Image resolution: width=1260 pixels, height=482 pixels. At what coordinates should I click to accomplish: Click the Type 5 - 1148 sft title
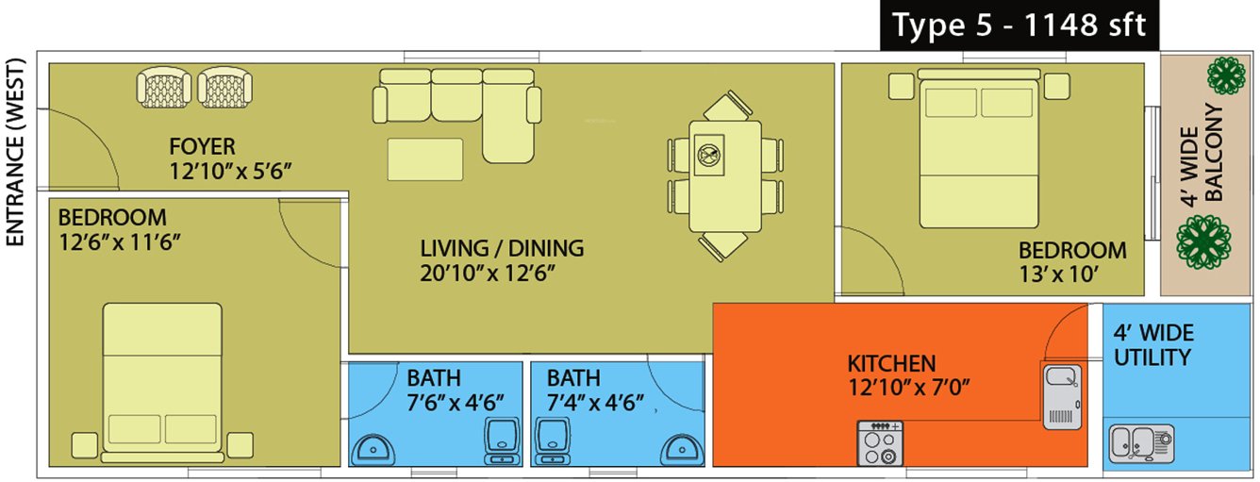1019,25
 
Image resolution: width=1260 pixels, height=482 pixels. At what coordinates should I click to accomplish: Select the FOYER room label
202,146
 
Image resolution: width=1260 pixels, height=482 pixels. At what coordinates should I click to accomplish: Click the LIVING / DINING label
502,249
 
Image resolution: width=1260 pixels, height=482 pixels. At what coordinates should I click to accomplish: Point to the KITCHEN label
891,363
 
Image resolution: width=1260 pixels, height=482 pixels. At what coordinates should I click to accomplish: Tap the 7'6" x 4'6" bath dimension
456,403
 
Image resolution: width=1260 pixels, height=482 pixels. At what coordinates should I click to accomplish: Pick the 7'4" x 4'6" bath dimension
595,403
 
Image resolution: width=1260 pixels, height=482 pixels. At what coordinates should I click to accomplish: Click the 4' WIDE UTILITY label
1152,345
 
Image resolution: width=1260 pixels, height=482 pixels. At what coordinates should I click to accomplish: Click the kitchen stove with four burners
879,442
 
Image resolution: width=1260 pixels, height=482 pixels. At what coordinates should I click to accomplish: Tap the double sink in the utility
1141,440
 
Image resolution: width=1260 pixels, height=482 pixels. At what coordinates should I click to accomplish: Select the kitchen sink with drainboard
1062,393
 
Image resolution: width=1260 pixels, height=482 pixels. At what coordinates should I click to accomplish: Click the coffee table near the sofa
424,159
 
